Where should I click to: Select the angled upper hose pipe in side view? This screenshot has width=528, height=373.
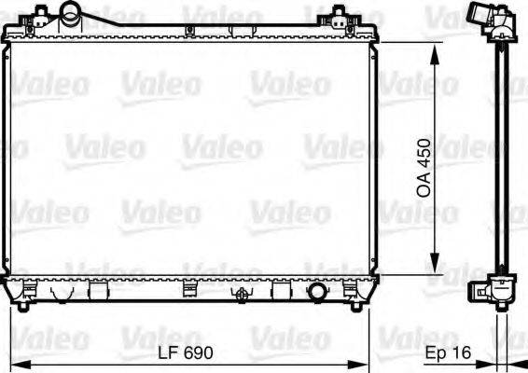point(479,16)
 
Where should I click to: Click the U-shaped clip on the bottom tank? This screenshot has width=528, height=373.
point(63,293)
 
